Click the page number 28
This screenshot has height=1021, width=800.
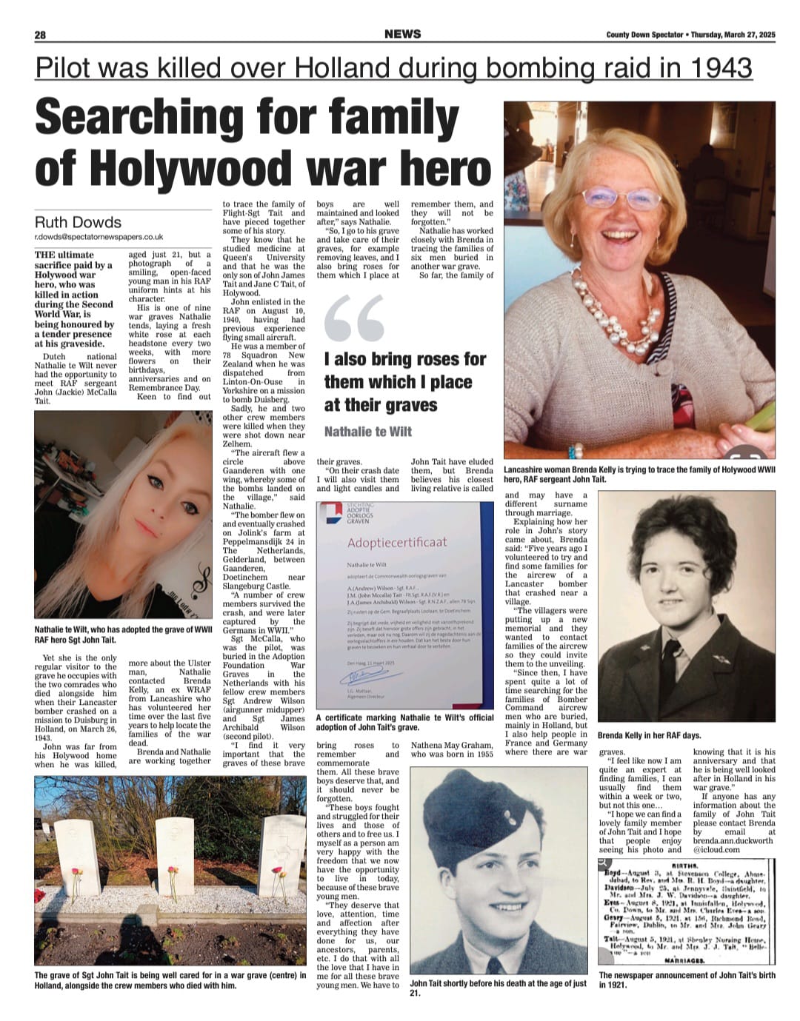point(40,35)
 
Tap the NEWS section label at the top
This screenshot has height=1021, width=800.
point(403,34)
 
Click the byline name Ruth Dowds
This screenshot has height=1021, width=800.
point(78,222)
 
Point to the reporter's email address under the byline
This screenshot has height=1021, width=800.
point(99,237)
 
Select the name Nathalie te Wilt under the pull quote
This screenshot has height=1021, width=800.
point(367,432)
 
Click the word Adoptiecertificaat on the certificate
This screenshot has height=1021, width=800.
point(397,543)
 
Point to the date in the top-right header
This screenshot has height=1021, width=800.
point(733,35)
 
